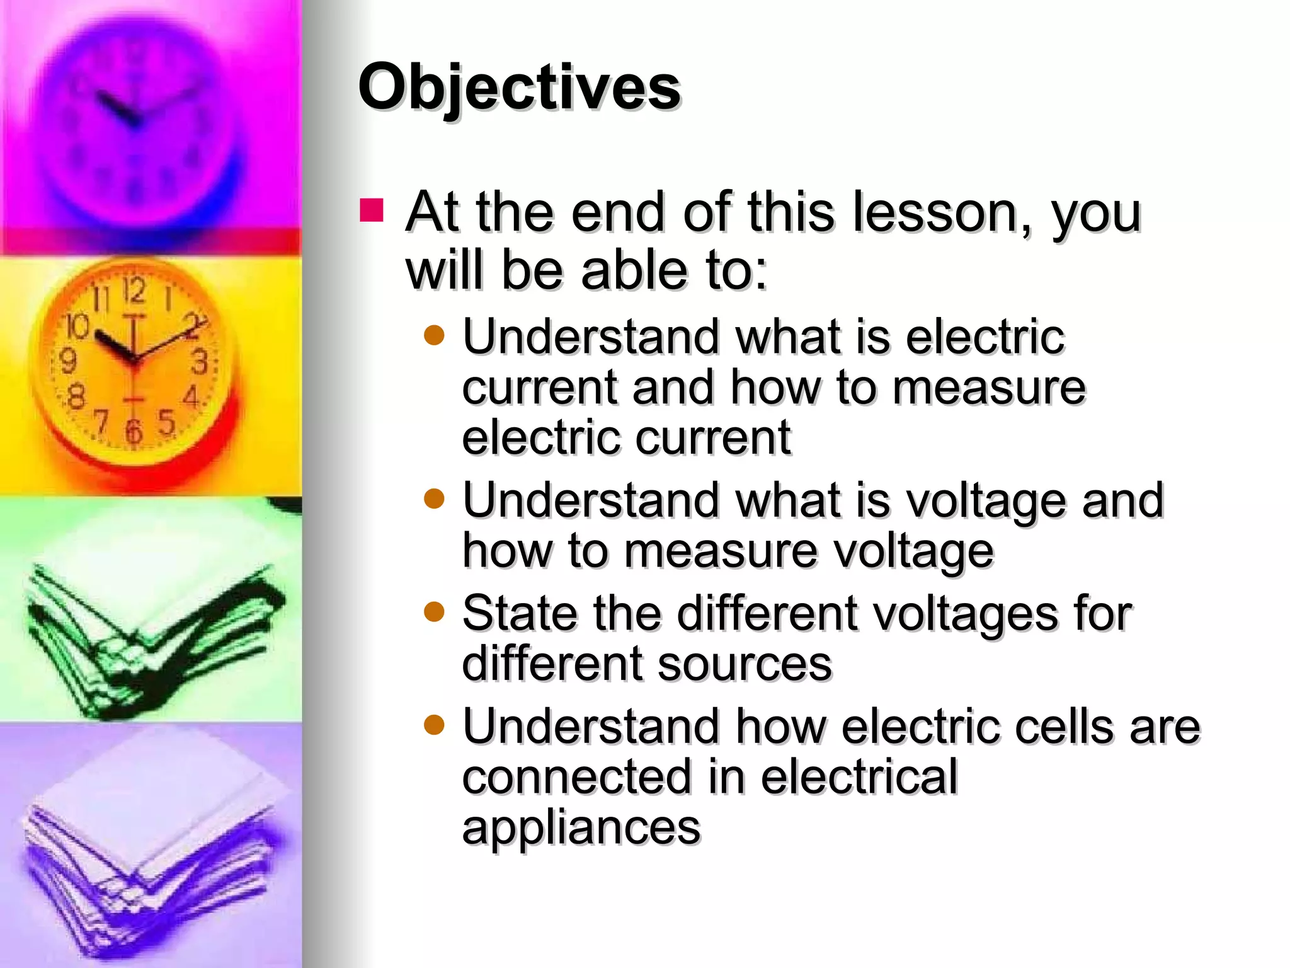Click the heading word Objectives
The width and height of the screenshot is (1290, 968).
[519, 88]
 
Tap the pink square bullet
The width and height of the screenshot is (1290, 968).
[372, 210]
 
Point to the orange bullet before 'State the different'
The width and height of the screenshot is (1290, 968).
[434, 611]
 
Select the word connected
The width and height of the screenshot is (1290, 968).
[576, 777]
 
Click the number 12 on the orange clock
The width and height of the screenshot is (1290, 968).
[134, 291]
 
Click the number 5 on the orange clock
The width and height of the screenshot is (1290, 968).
[166, 422]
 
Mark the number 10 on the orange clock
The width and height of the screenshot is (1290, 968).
[78, 326]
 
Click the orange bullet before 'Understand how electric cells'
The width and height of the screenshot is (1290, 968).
[434, 724]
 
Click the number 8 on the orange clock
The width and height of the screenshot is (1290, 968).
[76, 397]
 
